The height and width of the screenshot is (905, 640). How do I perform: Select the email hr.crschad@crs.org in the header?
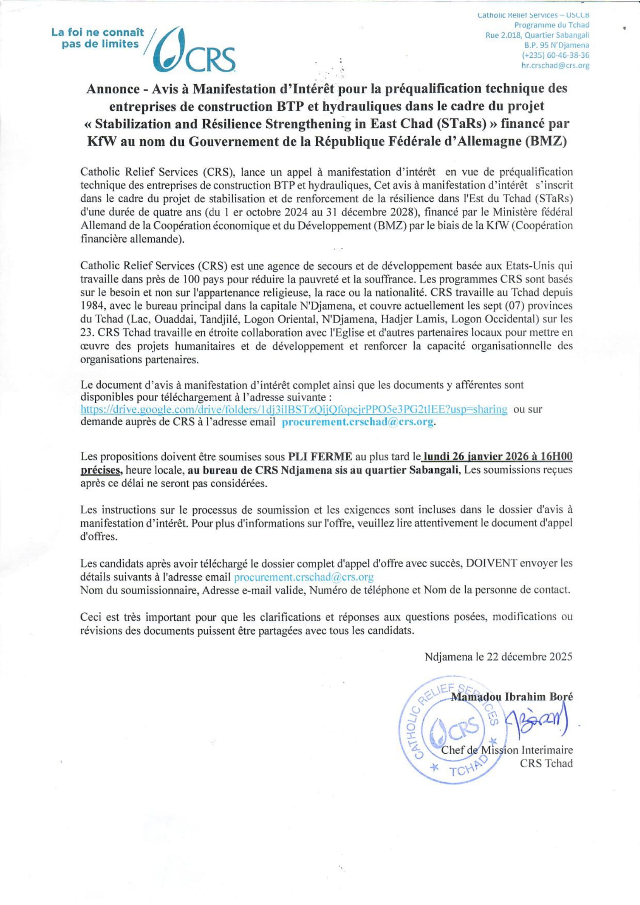tap(555, 66)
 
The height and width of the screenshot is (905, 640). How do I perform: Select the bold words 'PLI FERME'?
tap(320, 457)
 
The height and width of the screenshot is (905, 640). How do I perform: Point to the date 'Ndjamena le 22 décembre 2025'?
tap(498, 657)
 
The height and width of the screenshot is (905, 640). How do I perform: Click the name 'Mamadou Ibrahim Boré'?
tap(511, 696)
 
